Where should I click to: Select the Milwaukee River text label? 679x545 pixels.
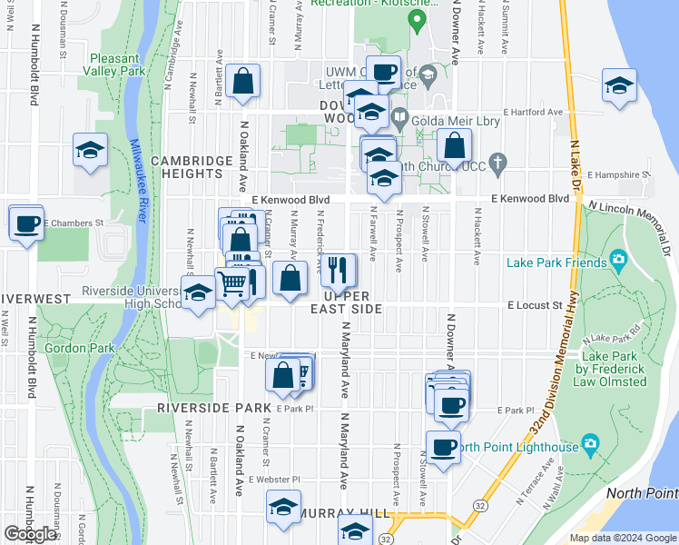(x=139, y=180)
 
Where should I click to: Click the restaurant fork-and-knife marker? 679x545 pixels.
(x=336, y=269)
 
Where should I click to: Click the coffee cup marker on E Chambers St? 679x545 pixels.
(x=27, y=223)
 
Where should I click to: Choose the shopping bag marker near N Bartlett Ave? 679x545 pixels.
(x=244, y=81)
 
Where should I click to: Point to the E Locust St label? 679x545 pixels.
(x=535, y=306)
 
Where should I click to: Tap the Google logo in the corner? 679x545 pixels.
(x=31, y=534)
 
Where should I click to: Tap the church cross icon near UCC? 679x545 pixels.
(x=496, y=163)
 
